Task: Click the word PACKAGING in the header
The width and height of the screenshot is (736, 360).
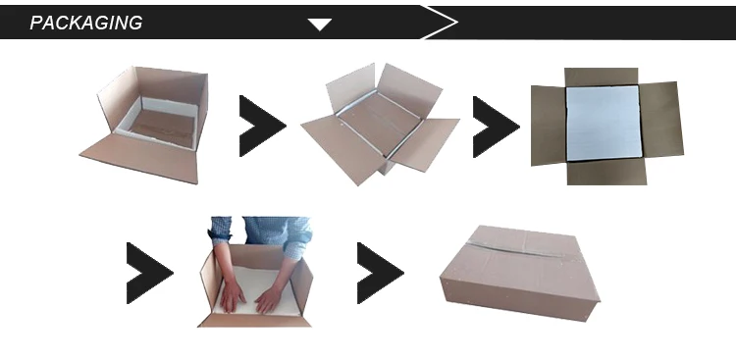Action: tap(86, 23)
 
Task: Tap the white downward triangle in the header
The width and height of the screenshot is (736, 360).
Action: tap(320, 25)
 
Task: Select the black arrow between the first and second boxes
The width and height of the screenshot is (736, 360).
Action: tap(262, 126)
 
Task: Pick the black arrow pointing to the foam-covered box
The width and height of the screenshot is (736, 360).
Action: tap(496, 127)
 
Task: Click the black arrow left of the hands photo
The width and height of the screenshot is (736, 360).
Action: tap(149, 273)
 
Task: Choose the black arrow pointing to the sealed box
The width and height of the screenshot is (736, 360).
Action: tap(380, 273)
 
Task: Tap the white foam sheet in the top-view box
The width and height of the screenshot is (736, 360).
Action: tap(604, 123)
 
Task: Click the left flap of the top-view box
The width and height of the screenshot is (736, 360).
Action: tap(549, 126)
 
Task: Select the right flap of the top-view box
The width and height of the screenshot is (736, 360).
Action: tap(661, 120)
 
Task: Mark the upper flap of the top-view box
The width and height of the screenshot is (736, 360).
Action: tap(602, 77)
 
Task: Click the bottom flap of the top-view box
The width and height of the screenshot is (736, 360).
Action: tap(606, 172)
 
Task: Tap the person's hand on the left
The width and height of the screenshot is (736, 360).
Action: tap(233, 296)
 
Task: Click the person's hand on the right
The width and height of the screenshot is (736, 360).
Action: tap(269, 299)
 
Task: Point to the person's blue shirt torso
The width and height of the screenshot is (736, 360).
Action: tap(266, 230)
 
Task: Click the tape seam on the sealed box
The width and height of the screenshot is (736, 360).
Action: tap(516, 250)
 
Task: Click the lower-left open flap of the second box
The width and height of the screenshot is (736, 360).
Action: tap(343, 148)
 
